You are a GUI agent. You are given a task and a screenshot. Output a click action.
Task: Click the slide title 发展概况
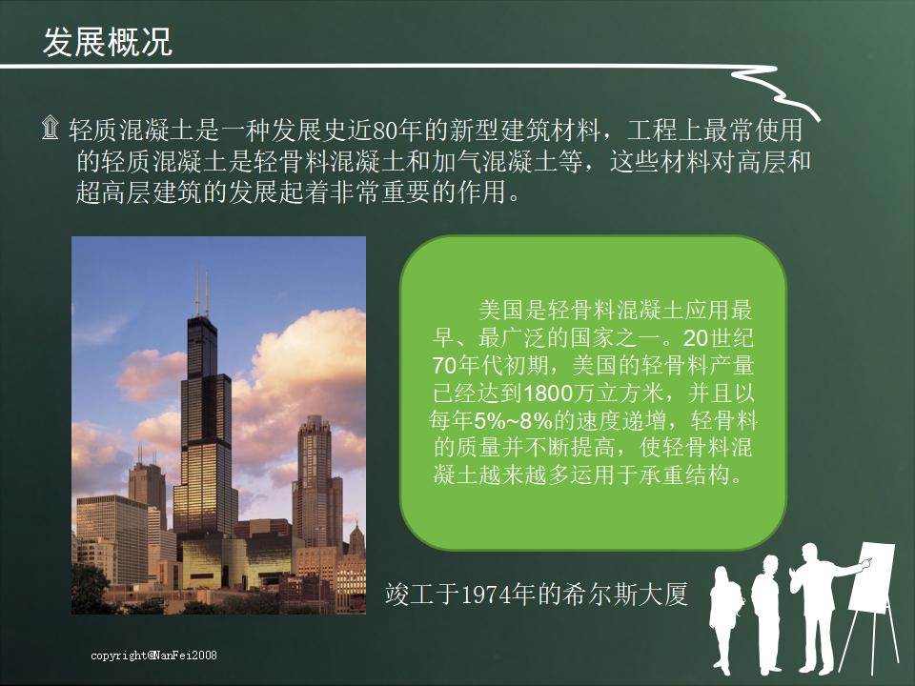[108, 43]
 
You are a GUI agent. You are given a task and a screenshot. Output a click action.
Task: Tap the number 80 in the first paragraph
[384, 129]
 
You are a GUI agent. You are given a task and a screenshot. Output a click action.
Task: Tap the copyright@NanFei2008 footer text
[154, 656]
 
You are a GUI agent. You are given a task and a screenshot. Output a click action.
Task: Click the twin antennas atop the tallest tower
[202, 291]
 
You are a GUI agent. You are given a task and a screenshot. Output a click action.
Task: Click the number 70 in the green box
[443, 365]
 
